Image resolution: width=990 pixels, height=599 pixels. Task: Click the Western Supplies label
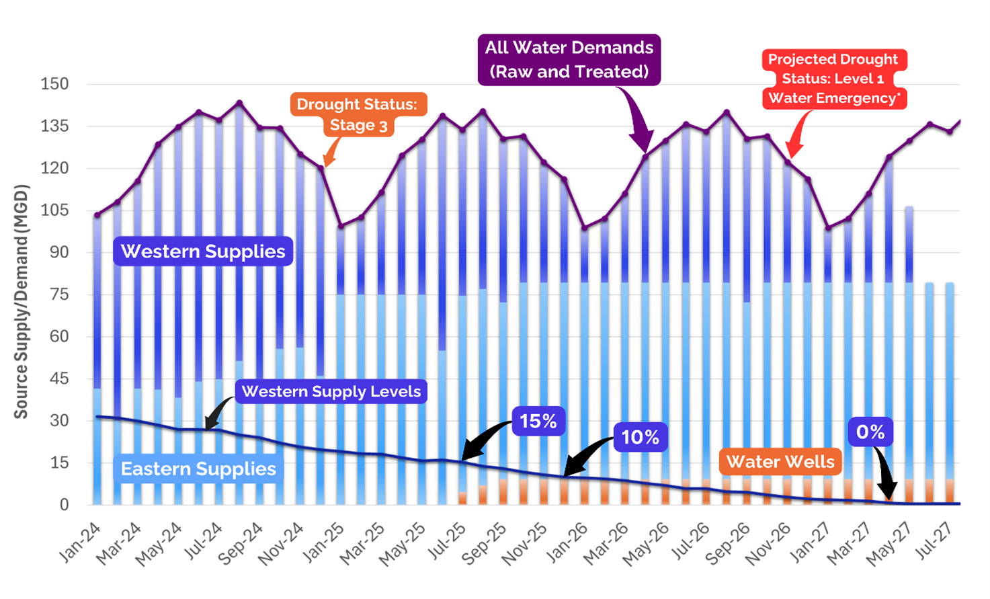point(203,251)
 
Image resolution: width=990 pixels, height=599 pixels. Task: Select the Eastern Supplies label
point(198,469)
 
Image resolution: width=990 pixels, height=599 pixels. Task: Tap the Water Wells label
point(780,462)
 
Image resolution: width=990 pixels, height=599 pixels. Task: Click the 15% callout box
point(538,422)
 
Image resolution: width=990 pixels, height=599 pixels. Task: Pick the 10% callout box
point(640,438)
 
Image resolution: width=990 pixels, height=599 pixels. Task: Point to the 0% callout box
point(870,432)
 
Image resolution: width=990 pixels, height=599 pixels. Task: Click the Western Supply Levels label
point(331,391)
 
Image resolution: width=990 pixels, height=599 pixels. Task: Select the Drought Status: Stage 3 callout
point(358,114)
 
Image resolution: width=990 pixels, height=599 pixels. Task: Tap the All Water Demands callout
point(569,59)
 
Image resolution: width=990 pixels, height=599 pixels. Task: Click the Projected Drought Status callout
point(833,79)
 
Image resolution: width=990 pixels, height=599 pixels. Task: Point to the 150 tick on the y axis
point(54,84)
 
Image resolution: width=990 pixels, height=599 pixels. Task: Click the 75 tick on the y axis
point(59,294)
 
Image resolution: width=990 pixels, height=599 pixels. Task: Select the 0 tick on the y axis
point(64,505)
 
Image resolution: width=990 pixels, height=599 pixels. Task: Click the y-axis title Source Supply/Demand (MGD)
point(22,301)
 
